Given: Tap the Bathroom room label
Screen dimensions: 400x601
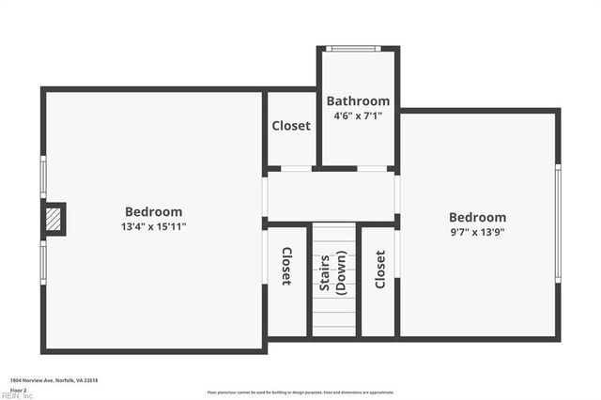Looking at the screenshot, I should coord(358,101).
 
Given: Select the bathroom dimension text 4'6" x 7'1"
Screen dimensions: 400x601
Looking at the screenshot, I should coord(358,116).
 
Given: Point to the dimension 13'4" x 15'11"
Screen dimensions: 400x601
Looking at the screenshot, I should coord(154,227).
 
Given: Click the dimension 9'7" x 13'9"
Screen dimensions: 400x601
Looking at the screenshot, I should coord(477,232).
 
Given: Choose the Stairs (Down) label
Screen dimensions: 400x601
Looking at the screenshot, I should coord(333,274).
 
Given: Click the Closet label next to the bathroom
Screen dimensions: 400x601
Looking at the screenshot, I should coord(291,126).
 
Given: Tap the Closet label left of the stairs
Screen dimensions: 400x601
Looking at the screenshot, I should coord(286,266).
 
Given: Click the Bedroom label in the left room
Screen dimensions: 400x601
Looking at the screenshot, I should coord(154,212).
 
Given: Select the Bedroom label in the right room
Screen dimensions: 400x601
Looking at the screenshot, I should coord(477,217).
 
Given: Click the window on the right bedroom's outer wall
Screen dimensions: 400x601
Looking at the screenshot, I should coord(558,223).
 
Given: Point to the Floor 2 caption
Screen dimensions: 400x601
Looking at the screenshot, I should coord(19,389).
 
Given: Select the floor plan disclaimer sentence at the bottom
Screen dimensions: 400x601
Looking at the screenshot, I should coord(300,392).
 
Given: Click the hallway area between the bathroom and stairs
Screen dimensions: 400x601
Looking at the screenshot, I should coord(331,195).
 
